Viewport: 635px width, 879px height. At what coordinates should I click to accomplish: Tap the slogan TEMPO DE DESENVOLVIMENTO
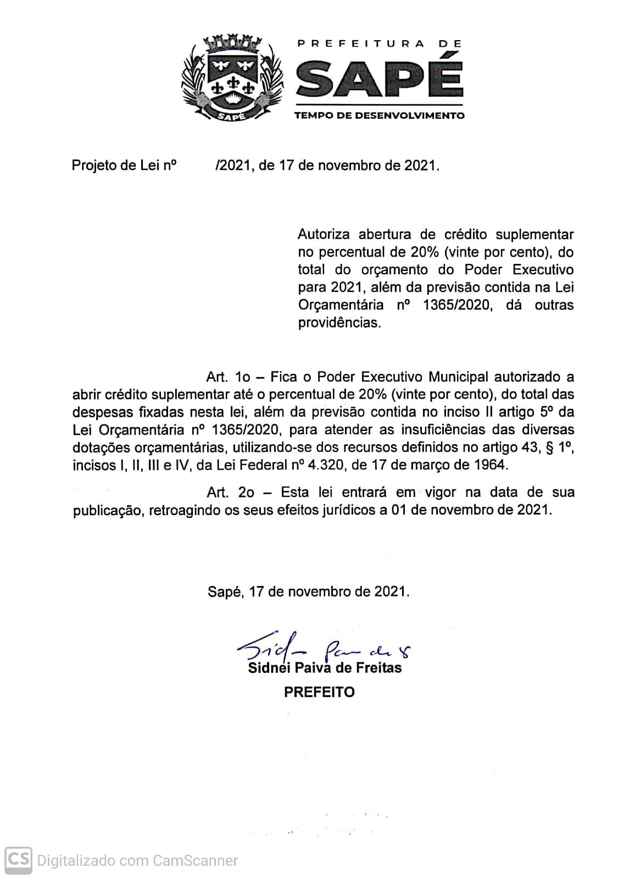pyautogui.click(x=379, y=115)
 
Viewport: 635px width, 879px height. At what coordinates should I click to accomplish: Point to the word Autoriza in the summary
pyautogui.click(x=324, y=235)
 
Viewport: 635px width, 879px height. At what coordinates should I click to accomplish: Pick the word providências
pyautogui.click(x=339, y=323)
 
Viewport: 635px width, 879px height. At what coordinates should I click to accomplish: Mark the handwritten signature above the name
pyautogui.click(x=324, y=651)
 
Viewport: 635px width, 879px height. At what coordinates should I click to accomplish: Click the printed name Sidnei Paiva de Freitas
pyautogui.click(x=325, y=668)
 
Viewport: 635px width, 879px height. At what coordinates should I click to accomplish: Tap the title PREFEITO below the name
pyautogui.click(x=319, y=692)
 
